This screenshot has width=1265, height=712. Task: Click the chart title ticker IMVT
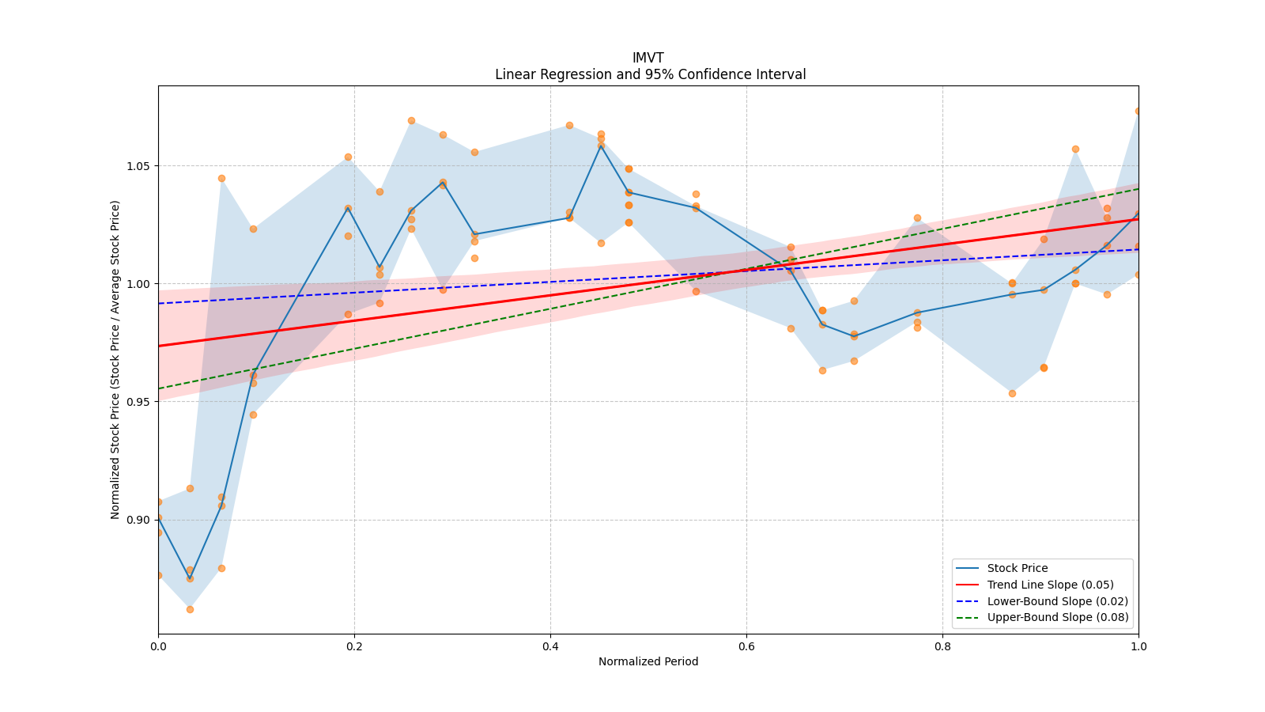(x=648, y=58)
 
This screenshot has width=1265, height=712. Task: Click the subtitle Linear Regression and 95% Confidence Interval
(x=650, y=74)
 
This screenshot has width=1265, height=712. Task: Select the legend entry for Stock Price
(x=1017, y=568)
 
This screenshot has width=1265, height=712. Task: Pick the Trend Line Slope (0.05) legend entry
(x=1050, y=585)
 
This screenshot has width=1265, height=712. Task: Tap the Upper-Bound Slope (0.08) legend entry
(x=1058, y=618)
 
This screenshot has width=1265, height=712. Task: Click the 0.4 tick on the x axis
(x=550, y=646)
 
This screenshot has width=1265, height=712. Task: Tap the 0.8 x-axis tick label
(x=942, y=646)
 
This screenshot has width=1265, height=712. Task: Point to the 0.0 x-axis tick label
(x=158, y=646)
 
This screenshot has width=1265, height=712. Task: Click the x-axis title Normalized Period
(x=648, y=661)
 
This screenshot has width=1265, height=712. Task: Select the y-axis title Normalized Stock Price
(x=115, y=359)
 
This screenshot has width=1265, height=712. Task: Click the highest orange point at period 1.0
(x=1138, y=111)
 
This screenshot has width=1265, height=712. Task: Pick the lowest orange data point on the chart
(x=190, y=609)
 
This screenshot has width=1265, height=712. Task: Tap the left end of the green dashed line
(x=159, y=388)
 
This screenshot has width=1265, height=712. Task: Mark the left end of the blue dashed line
(x=159, y=303)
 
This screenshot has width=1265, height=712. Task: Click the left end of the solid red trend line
(x=159, y=346)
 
